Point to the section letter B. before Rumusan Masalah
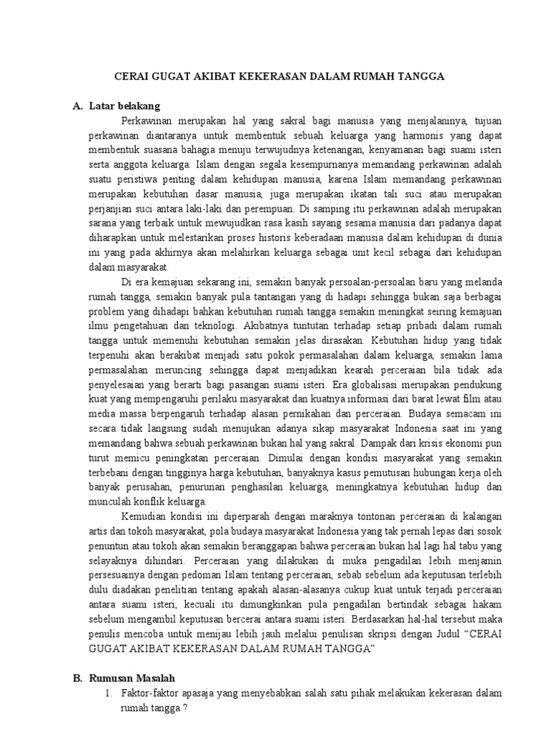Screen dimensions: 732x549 pyautogui.click(x=78, y=678)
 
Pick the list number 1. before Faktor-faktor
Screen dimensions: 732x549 pyautogui.click(x=108, y=693)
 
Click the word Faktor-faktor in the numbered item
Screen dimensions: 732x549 pyautogui.click(x=148, y=693)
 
